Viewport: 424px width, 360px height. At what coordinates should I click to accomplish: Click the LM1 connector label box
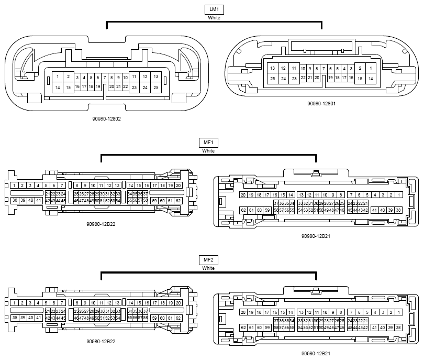214,9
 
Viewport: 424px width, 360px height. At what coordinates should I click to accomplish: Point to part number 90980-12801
321,104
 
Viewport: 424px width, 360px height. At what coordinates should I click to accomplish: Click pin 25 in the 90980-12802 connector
156,88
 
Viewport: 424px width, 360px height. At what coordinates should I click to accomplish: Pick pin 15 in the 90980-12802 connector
69,88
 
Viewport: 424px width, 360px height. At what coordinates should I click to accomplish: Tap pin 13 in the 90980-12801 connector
272,68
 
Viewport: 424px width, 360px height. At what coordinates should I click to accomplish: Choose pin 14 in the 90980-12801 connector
370,79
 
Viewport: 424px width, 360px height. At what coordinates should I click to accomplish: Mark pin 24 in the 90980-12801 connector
283,79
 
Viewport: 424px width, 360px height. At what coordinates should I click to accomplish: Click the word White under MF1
208,151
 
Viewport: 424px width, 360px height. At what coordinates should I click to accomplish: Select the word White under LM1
214,17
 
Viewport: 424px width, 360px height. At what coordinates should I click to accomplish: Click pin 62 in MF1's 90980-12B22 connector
178,201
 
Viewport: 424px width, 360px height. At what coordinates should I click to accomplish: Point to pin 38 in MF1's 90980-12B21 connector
399,210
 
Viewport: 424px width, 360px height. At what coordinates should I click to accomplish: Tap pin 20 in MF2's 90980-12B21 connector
243,312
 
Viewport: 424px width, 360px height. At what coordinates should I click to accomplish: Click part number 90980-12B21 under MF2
315,354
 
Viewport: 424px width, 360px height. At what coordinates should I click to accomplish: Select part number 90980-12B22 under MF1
102,224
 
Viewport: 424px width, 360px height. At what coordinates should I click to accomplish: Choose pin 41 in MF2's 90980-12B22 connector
39,318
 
